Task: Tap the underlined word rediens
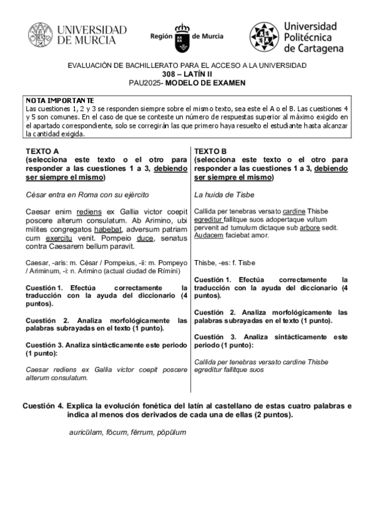click(x=89, y=211)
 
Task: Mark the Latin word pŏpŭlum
click(x=172, y=432)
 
